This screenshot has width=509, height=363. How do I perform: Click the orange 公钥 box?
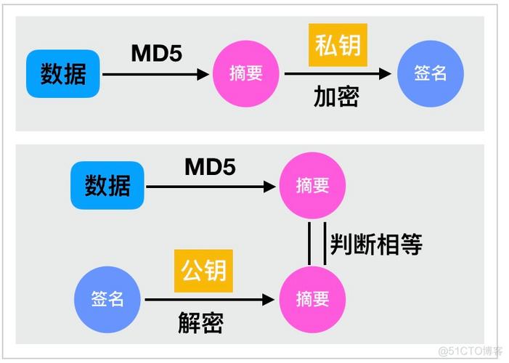coord(200,270)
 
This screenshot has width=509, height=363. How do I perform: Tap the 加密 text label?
coord(336,97)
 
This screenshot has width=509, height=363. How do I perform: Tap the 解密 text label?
coord(200,322)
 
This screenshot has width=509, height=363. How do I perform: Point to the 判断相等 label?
coord(376,245)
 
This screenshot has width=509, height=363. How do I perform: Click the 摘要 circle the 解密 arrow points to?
coord(313,299)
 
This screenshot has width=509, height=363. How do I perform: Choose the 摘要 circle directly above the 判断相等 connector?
coord(313,187)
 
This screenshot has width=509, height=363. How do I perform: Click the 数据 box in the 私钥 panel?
coord(63,73)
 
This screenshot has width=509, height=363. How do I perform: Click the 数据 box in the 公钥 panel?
coord(107,187)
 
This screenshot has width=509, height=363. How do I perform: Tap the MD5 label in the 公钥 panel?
coord(210,167)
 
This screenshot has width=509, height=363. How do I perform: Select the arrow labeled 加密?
coord(338,73)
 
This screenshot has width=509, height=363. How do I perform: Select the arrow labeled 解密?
coord(211,299)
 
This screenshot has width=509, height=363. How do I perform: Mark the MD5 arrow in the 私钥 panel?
coord(155,73)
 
